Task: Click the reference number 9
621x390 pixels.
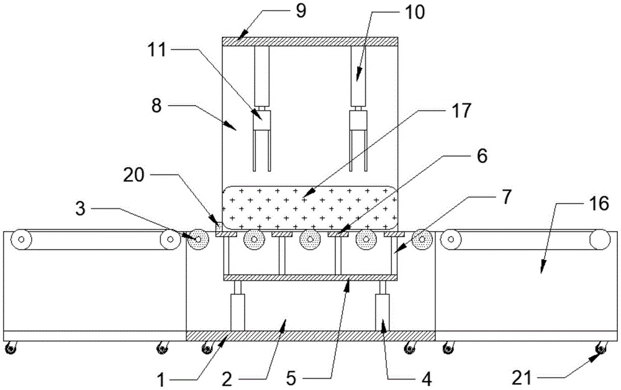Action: tap(301, 11)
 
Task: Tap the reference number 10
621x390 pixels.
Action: tap(414, 12)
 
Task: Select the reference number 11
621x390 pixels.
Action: tap(158, 50)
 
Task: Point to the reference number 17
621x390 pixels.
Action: tap(461, 111)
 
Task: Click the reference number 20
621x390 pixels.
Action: tap(134, 175)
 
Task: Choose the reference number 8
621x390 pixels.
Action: tap(156, 106)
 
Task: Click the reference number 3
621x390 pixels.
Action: tap(80, 209)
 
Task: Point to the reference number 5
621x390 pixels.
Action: tap(291, 379)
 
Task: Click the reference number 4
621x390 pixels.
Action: tap(426, 379)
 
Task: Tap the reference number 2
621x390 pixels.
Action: tap(227, 379)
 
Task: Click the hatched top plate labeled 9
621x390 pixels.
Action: tap(310, 42)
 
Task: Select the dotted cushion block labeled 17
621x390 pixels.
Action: tap(310, 208)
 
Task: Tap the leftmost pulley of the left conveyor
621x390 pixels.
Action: tap(21, 240)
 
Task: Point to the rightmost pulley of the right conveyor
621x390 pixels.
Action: tap(600, 240)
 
